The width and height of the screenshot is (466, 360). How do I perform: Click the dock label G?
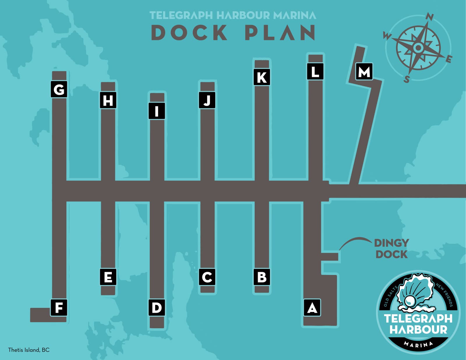59,89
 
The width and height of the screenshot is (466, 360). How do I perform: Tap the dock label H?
108,100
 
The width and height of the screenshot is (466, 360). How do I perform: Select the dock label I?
157,111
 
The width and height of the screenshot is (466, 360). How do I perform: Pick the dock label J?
207,100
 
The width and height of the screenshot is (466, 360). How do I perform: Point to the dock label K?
262,77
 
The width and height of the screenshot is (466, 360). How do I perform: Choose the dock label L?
315,71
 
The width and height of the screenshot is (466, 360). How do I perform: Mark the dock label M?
364,71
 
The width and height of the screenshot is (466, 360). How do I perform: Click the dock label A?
312,308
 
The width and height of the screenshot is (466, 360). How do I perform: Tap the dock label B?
262,277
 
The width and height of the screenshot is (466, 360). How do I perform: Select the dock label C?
207,277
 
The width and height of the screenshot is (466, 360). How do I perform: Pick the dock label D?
157,308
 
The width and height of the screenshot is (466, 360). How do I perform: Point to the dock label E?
108,277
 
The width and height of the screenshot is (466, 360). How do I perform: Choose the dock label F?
59,308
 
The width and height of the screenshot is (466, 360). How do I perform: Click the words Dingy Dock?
391,248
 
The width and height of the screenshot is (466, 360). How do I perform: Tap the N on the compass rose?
429,17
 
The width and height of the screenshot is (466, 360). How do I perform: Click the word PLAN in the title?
280,32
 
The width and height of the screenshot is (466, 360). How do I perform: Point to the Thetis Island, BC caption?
29,350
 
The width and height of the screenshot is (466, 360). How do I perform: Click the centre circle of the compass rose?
418,47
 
